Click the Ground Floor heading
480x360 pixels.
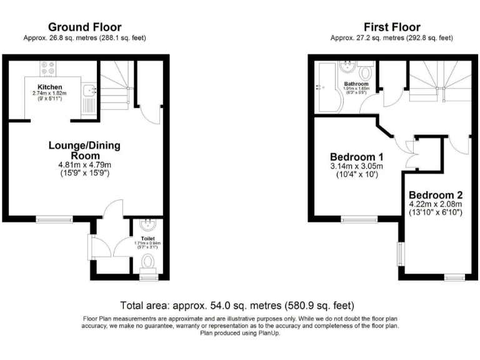coord(84,27)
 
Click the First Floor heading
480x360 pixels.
coord(392,27)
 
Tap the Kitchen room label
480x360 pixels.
coord(49,87)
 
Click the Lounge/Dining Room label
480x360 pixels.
coord(84,151)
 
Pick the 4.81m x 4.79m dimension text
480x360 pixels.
coord(84,166)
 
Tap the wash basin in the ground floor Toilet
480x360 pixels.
coord(148,223)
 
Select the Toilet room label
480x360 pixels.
coord(147,238)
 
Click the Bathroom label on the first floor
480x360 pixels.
coord(356,84)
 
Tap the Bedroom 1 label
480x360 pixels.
coord(357,156)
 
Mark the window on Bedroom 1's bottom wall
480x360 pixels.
coord(359,219)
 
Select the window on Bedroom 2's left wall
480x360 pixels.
coord(401,253)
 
